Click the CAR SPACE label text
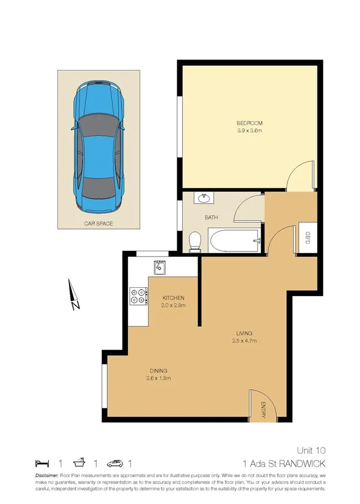(98, 224)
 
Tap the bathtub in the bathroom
(232, 240)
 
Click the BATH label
(211, 218)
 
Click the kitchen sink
(159, 268)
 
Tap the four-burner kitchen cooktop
(138, 296)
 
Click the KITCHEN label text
(174, 298)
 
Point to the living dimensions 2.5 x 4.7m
(243, 340)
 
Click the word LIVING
(243, 333)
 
